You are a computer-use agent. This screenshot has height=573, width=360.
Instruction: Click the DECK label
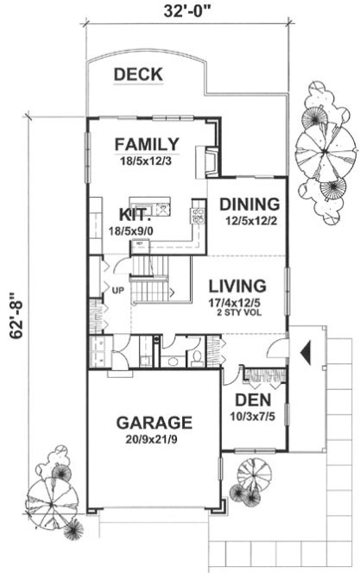138,75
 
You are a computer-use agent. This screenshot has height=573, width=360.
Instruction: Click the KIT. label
135,215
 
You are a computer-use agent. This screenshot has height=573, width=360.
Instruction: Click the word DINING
249,205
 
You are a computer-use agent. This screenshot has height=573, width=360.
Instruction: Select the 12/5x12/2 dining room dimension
249,221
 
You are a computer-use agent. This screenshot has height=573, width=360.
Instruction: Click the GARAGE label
154,423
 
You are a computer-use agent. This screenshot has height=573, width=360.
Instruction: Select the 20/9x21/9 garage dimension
154,440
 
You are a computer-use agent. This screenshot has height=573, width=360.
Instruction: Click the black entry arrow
304,352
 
